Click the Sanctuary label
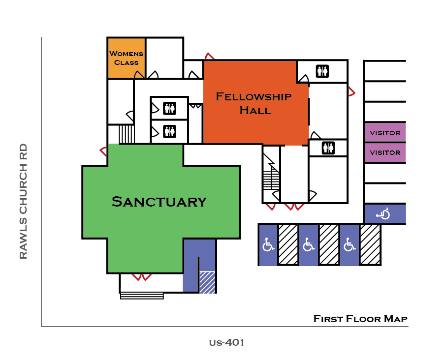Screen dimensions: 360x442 click(x=159, y=202)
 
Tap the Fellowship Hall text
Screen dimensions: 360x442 click(x=254, y=103)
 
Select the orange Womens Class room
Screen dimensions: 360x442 click(x=126, y=58)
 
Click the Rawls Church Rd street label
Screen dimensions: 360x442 click(x=23, y=202)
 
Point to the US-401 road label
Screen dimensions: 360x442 click(x=226, y=342)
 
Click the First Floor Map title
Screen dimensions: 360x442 click(x=360, y=319)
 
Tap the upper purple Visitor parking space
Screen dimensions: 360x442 click(x=385, y=133)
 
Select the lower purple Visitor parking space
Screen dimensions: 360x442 click(x=385, y=152)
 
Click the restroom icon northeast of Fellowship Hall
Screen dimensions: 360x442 click(x=322, y=72)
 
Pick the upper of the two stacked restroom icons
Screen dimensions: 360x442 click(x=170, y=108)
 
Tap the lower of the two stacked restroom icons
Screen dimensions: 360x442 click(x=170, y=131)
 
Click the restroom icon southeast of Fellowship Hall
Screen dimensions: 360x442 click(x=328, y=148)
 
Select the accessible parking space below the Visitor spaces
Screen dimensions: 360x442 click(x=384, y=214)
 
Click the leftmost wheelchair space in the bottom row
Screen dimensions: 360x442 click(x=268, y=245)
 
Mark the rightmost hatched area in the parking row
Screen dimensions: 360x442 click(x=370, y=245)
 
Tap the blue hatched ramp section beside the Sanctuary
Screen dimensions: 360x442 click(x=207, y=282)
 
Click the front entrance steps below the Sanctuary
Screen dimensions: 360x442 click(x=142, y=296)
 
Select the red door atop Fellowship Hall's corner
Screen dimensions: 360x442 click(x=209, y=56)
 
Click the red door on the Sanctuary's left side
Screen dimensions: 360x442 click(x=104, y=150)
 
